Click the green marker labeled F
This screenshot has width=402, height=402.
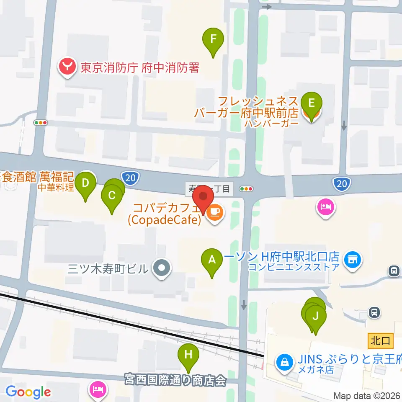(213, 40)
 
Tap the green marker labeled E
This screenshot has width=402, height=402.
(311, 103)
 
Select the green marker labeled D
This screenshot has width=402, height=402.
(85, 183)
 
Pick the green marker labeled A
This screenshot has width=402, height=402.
(212, 260)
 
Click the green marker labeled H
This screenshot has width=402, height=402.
(188, 355)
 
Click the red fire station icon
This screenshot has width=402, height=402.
(67, 67)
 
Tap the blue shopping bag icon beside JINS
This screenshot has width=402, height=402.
(285, 361)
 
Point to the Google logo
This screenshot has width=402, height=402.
(28, 392)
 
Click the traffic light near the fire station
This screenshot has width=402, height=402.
(41, 123)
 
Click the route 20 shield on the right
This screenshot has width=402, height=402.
(341, 183)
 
